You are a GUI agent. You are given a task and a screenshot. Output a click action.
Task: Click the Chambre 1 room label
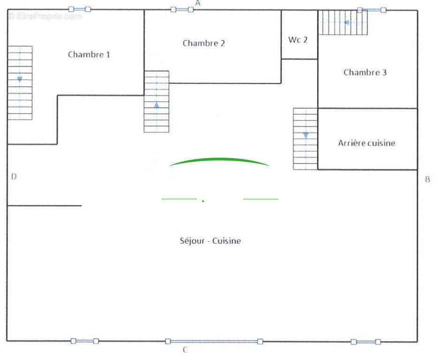click(x=89, y=54)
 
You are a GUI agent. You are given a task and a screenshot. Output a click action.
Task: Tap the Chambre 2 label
click(x=204, y=43)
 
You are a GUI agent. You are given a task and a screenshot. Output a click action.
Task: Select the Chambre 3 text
click(x=365, y=73)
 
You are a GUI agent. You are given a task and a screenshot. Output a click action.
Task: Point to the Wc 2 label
click(x=298, y=40)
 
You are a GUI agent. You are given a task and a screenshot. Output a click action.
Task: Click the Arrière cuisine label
click(x=366, y=143)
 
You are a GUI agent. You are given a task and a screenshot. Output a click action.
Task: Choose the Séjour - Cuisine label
click(x=210, y=240)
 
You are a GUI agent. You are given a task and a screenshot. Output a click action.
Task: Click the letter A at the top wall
click(x=198, y=3)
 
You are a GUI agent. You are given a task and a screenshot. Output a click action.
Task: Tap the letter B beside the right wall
click(x=428, y=180)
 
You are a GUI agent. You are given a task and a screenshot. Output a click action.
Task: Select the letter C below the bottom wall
click(x=185, y=350)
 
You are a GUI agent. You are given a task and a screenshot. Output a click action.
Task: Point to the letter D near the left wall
click(x=14, y=177)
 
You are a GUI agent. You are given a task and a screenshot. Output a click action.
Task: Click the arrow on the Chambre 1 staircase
click(x=20, y=79)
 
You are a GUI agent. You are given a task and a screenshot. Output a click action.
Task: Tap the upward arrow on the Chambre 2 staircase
click(x=157, y=105)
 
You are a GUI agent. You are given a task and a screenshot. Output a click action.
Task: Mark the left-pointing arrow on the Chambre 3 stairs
click(x=347, y=22)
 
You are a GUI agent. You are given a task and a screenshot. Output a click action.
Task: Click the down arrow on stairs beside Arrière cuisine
click(x=306, y=135)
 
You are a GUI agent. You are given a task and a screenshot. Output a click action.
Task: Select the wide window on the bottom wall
click(x=214, y=342)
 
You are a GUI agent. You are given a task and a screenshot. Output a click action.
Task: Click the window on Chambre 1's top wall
click(x=80, y=9)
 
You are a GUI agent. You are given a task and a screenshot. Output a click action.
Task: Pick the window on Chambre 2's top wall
click(x=182, y=10)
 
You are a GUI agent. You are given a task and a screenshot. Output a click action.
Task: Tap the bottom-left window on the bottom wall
click(x=84, y=341)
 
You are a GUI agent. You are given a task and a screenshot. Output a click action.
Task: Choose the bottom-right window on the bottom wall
click(x=366, y=342)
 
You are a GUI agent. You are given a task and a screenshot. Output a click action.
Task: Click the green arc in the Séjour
click(x=219, y=159)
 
